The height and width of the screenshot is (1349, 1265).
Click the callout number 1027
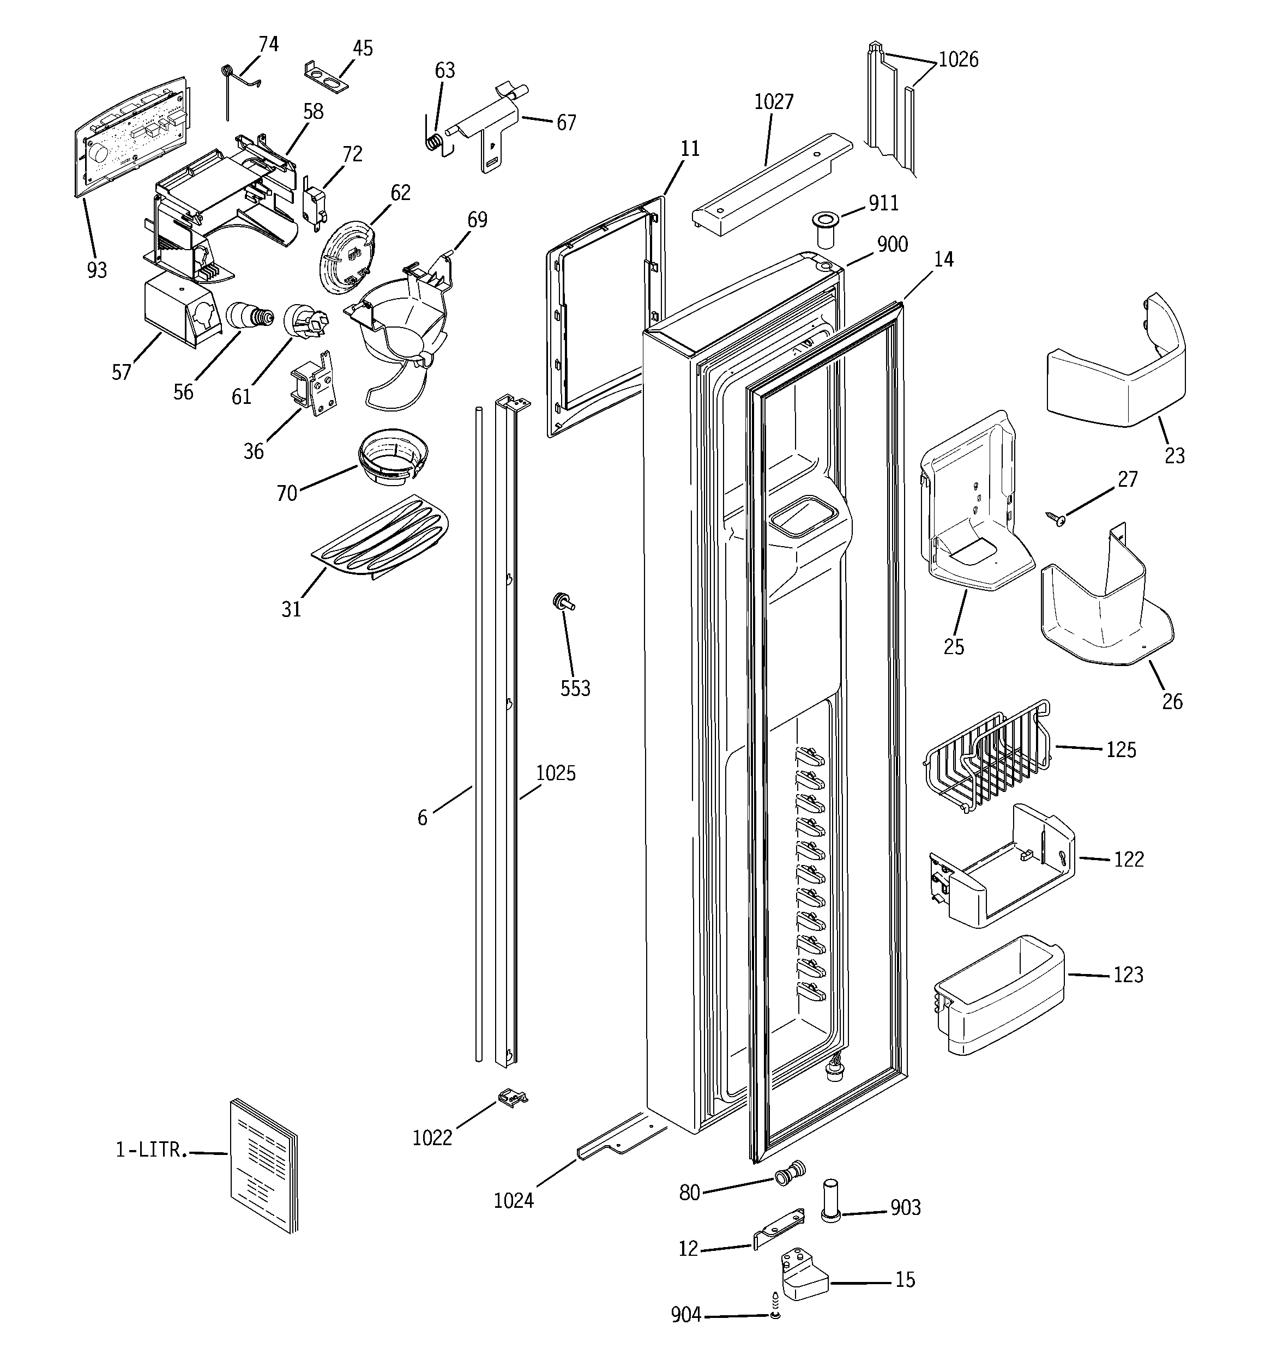773,102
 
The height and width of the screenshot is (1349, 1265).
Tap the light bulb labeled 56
248,316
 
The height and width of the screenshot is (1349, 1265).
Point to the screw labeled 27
1056,519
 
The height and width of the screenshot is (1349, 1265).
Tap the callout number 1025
556,773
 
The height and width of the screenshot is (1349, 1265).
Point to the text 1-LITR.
150,1150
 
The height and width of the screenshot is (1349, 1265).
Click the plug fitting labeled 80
790,1173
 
